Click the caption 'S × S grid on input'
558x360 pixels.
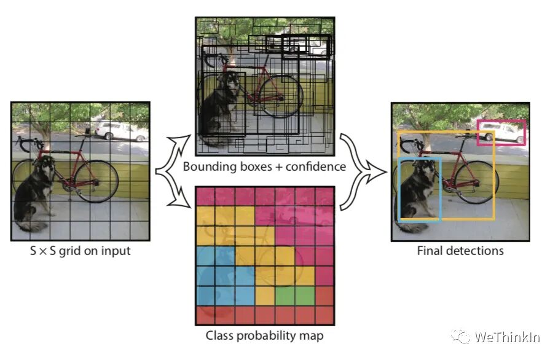[x=81, y=251]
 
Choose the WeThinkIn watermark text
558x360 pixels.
[x=505, y=337]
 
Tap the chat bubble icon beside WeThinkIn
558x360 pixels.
[x=460, y=335]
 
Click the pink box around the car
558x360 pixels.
[x=501, y=121]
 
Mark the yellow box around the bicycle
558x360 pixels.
[x=494, y=178]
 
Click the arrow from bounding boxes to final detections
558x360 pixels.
[x=356, y=151]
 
